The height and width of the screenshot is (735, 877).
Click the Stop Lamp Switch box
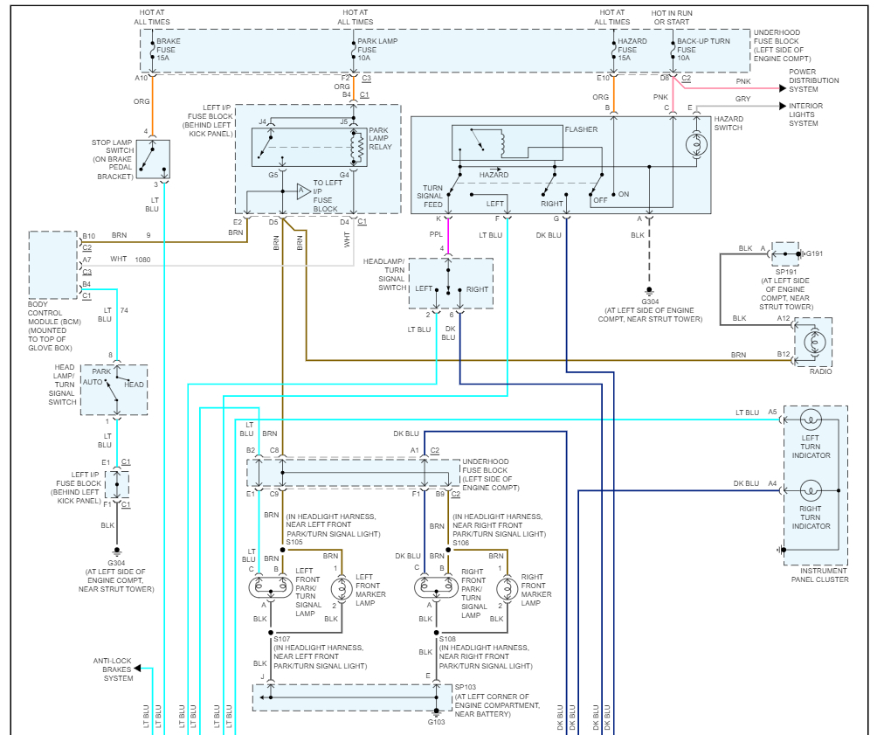[153, 159]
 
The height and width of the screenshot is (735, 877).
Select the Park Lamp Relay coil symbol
[356, 146]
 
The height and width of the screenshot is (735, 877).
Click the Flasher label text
[581, 129]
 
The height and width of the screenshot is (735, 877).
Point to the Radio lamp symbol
[813, 342]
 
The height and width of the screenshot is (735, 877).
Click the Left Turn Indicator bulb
[810, 420]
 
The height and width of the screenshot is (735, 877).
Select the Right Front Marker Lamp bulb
[504, 588]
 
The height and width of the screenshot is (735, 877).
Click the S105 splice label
[293, 542]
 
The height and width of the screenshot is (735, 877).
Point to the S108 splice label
[449, 639]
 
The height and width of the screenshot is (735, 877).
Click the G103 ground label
[437, 722]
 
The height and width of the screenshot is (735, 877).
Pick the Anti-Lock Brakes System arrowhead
[137, 669]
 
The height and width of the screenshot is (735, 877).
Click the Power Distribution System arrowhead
[783, 88]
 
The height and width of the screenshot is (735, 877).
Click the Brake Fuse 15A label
[169, 50]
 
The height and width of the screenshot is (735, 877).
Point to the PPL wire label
[435, 234]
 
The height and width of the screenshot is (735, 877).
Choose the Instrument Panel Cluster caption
[819, 575]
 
